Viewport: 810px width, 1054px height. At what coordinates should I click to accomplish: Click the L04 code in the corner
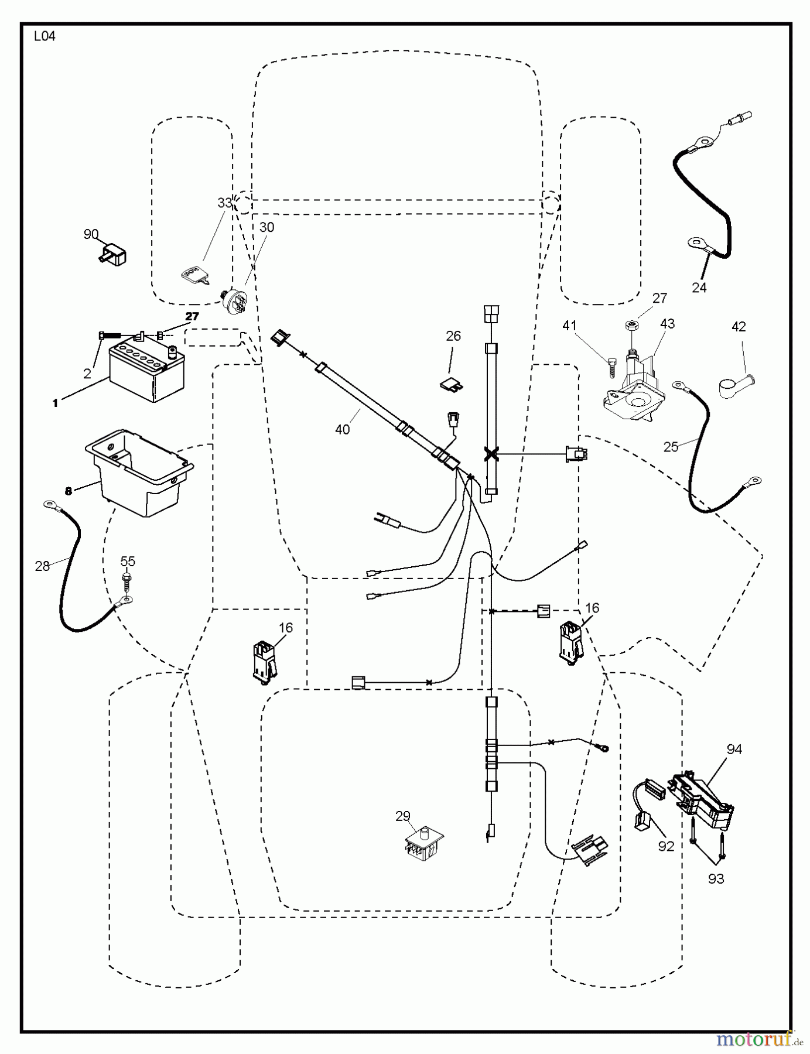click(x=45, y=36)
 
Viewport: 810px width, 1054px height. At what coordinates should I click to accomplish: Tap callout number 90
click(x=91, y=234)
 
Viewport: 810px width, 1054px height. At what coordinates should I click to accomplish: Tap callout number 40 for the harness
click(x=342, y=429)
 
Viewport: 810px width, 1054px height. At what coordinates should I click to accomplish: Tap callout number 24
click(x=699, y=288)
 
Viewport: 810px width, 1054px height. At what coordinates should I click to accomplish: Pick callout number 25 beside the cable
click(x=671, y=447)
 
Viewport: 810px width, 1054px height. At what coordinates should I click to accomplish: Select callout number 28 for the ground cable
click(x=42, y=566)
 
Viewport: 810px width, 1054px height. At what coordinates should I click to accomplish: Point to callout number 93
click(x=716, y=878)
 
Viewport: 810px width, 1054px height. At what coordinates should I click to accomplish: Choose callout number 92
click(x=666, y=846)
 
